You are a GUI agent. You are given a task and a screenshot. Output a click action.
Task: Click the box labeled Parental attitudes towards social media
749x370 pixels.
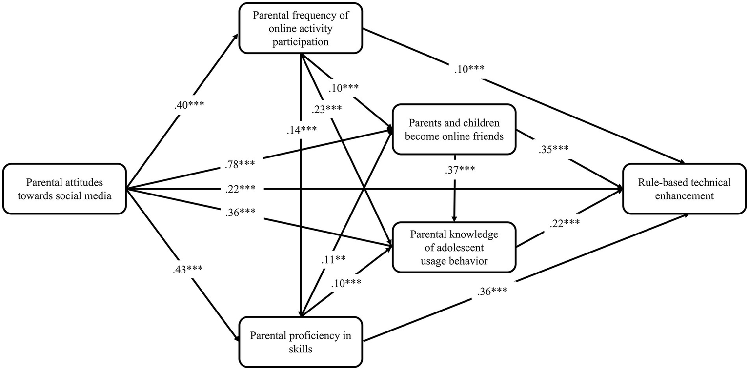coord(64,189)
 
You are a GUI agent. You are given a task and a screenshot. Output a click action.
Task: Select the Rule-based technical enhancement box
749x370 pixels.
coord(685,189)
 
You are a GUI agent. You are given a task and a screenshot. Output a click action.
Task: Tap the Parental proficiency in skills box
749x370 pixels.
coord(300,342)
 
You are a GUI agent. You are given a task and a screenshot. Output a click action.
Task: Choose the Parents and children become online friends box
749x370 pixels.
coord(454,129)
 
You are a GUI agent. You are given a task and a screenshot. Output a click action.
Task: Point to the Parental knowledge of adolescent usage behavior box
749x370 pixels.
coord(454,247)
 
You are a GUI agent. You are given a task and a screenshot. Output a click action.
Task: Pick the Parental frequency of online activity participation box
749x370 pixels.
coord(300,28)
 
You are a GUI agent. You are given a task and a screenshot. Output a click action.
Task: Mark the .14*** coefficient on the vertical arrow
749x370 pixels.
coord(302,130)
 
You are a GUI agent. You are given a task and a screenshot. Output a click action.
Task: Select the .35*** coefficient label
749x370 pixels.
coord(554,150)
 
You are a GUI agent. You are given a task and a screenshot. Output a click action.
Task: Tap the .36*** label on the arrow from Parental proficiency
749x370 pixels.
coord(491,292)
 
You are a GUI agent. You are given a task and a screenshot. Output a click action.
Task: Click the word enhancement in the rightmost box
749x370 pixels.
coord(685,195)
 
